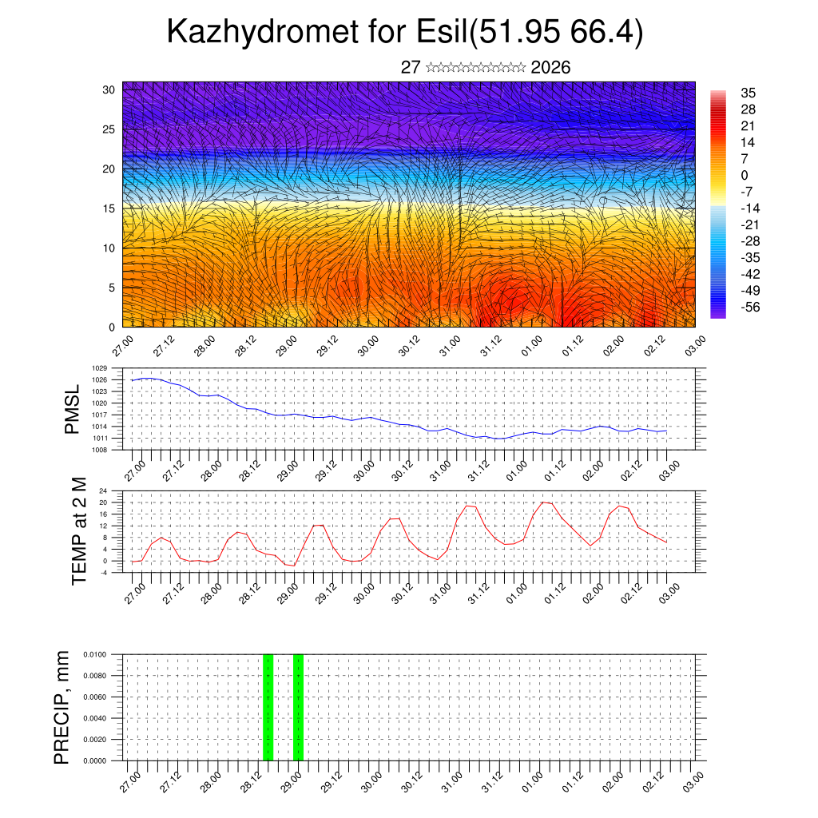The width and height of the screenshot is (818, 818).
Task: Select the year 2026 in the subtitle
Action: pos(550,67)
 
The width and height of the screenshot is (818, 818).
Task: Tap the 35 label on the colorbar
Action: pos(749,93)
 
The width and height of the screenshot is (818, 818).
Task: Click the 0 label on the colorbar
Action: pos(745,175)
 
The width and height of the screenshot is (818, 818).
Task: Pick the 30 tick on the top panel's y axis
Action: pos(109,89)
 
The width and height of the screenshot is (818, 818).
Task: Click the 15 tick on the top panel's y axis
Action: pos(109,208)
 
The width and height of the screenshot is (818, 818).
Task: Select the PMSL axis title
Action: pos(72,409)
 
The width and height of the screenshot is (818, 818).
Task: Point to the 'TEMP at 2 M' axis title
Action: pos(78,530)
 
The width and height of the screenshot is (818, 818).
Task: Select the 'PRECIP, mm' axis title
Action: pos(62,707)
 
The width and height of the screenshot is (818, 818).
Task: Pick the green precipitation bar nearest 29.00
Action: pos(298,707)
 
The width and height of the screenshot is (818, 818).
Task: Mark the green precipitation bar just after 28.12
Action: pos(268,707)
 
